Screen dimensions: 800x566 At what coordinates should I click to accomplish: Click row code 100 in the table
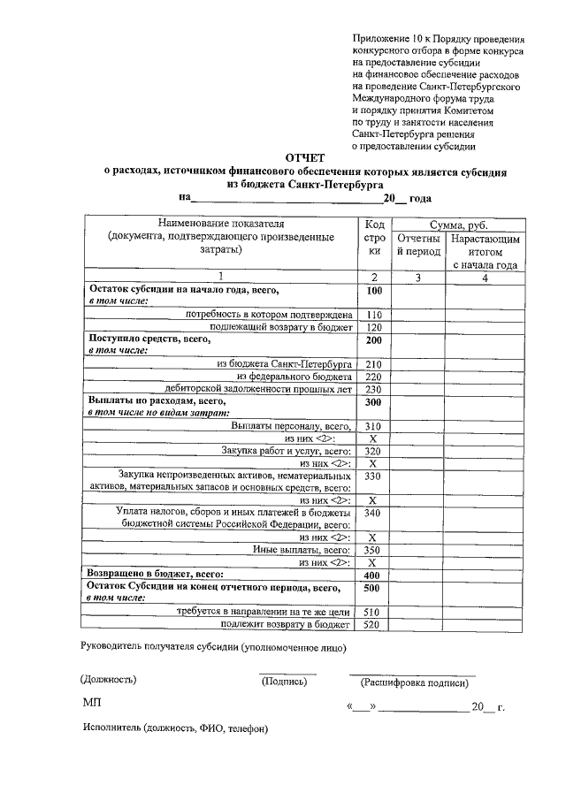(373, 291)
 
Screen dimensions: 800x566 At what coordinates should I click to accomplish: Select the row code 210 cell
(373, 363)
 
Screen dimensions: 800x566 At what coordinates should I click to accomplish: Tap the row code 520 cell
(373, 625)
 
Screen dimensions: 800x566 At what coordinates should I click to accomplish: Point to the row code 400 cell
(373, 575)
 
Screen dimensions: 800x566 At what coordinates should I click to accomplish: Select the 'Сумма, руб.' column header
(458, 225)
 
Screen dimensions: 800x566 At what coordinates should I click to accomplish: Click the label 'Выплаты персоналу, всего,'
(293, 425)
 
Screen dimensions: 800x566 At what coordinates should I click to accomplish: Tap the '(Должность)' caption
(109, 680)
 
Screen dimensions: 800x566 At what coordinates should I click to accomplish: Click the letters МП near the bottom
(93, 702)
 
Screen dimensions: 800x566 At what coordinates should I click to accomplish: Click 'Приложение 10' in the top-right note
(390, 40)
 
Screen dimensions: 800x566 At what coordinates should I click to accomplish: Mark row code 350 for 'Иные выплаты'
(373, 550)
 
